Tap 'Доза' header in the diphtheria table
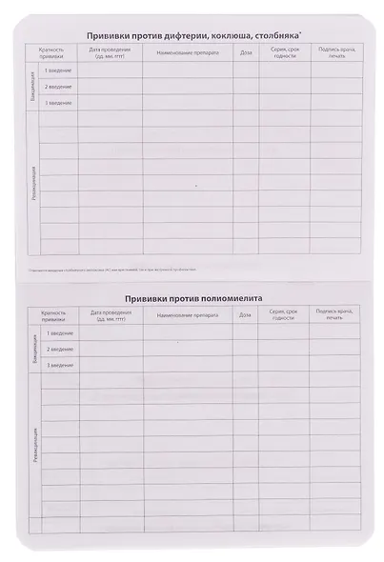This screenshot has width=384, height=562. click(x=246, y=50)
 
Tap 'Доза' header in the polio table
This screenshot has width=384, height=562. click(x=246, y=314)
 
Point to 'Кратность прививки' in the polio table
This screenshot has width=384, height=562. click(x=54, y=315)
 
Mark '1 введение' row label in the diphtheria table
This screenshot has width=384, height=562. click(x=58, y=70)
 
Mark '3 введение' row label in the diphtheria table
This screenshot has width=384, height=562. click(x=58, y=102)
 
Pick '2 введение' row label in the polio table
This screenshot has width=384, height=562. click(x=58, y=350)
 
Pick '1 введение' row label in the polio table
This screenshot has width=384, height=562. click(x=58, y=333)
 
